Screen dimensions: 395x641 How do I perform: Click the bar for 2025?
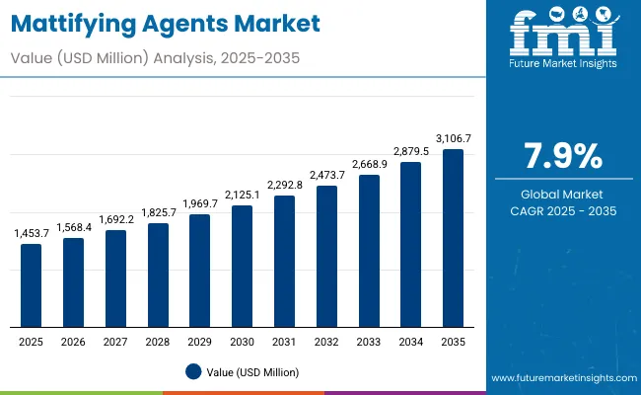[32, 285]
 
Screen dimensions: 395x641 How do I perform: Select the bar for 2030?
[242, 267]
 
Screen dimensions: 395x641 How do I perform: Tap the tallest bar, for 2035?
[453, 238]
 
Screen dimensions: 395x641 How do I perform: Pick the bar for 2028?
[158, 276]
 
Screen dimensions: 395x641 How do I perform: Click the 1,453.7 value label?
[32, 233]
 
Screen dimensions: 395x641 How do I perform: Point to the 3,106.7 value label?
[453, 139]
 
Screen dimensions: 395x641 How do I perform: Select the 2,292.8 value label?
[284, 185]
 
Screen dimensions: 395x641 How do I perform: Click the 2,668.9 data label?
[369, 164]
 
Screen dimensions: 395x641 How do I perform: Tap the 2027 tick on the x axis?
[115, 341]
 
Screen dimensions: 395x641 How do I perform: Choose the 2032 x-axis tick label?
[326, 341]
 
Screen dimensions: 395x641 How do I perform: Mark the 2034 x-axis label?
[410, 341]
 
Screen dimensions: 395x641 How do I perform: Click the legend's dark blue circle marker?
[193, 371]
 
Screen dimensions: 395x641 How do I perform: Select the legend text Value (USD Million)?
[252, 371]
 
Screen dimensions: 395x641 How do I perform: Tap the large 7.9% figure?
[561, 157]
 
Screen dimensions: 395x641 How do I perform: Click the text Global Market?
[561, 194]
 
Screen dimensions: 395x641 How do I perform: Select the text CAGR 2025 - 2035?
[561, 211]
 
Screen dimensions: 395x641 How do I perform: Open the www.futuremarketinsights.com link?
[560, 378]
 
